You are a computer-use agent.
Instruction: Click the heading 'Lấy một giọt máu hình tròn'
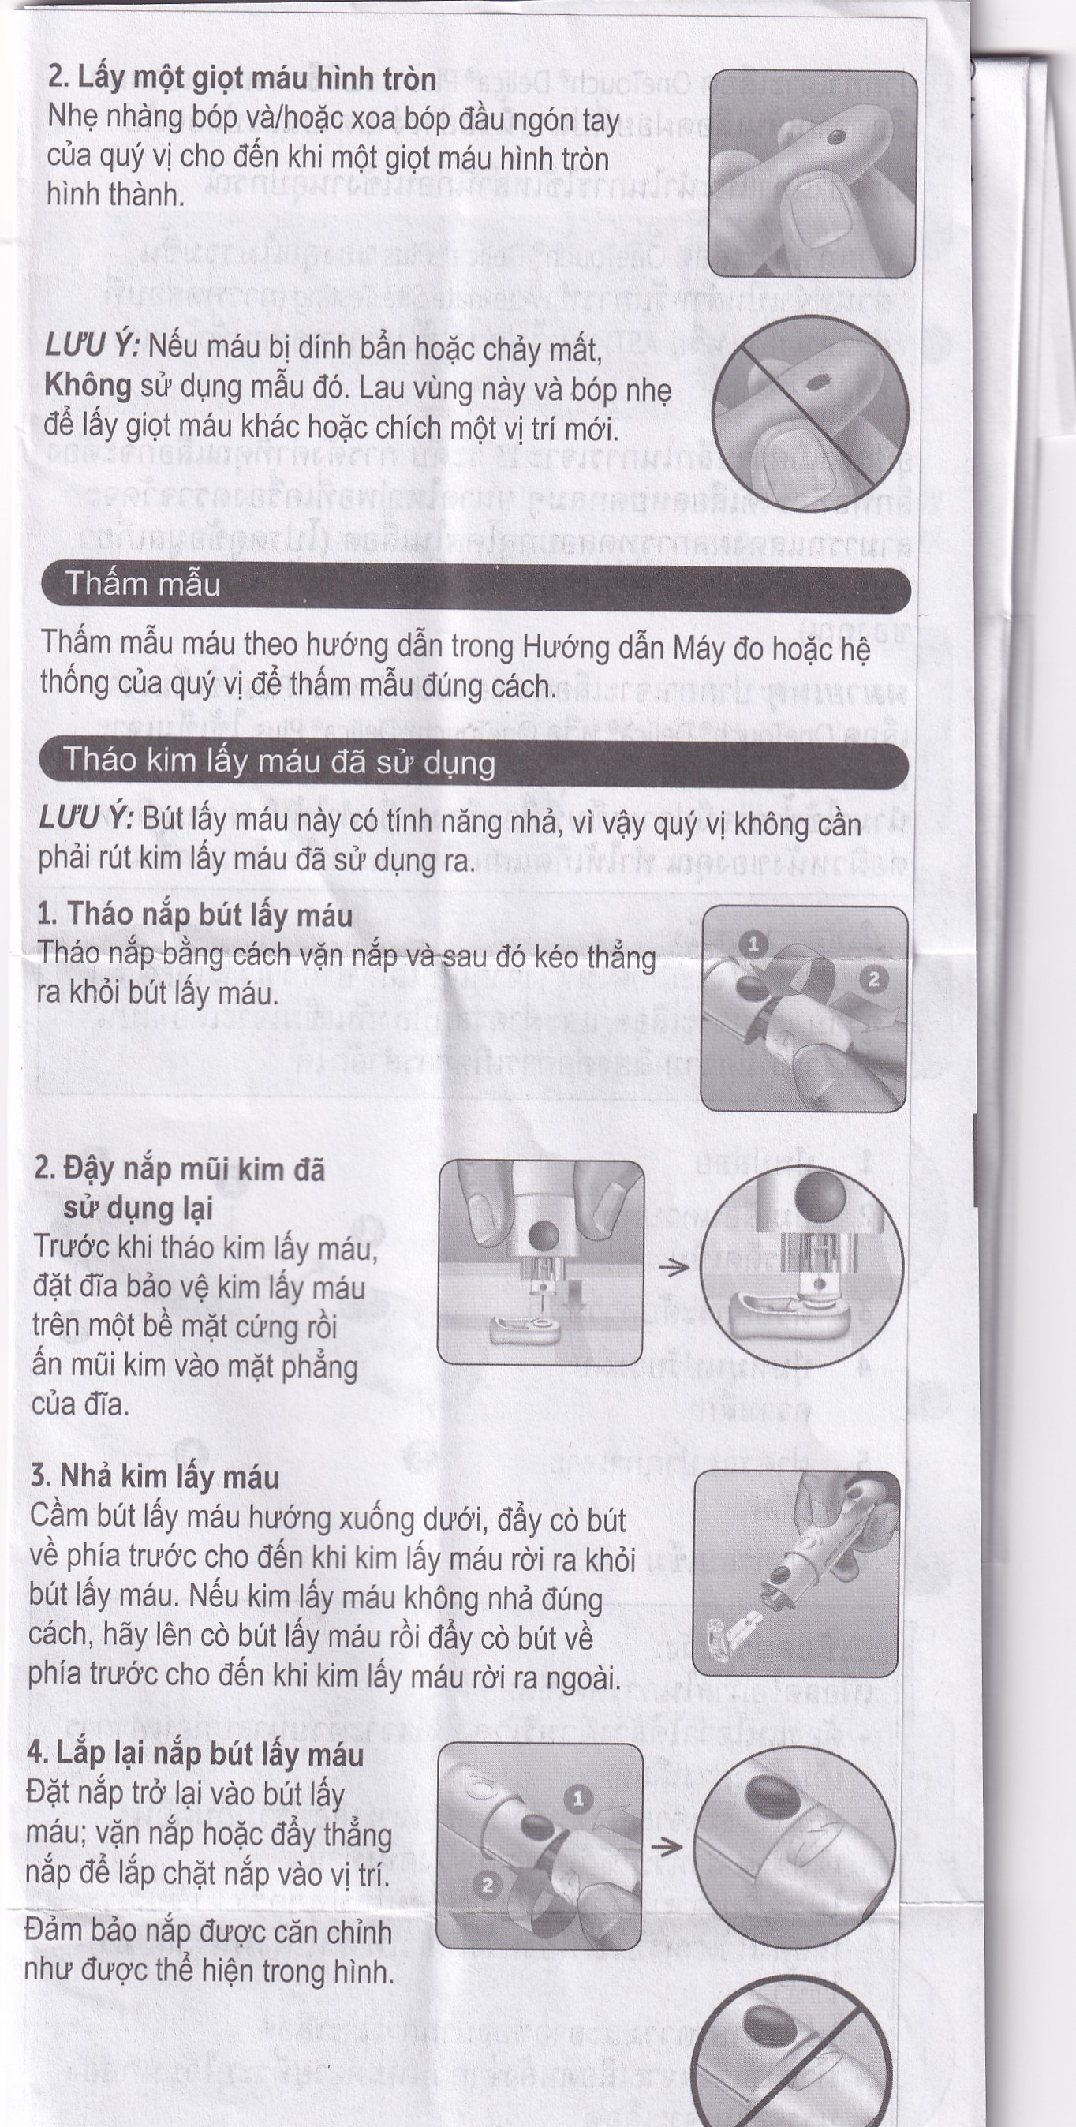coord(242,79)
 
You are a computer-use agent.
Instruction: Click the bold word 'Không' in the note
coord(87,386)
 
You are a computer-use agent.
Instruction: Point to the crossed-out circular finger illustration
coord(810,412)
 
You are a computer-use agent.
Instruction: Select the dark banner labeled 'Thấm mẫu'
coord(476,585)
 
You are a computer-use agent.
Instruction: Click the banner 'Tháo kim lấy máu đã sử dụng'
coord(474,761)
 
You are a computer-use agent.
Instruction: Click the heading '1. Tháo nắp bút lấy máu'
coord(195,915)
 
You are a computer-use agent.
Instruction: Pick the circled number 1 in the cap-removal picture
coord(752,943)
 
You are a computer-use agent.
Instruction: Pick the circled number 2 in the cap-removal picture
coord(872,979)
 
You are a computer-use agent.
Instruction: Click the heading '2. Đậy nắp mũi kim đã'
coord(180,1170)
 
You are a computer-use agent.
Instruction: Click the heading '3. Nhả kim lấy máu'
coord(155,1476)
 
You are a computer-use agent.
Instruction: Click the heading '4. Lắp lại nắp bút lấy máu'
coord(195,1754)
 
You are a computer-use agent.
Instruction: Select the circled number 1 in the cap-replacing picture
coord(578,1798)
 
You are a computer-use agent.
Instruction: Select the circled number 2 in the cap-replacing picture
coord(487,1885)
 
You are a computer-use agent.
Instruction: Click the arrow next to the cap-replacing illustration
coord(667,1846)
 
